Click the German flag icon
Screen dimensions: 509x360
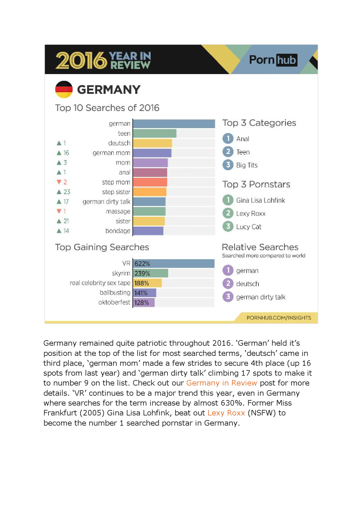pyautogui.click(x=64, y=89)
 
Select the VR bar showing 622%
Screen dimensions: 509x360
pyautogui.click(x=174, y=264)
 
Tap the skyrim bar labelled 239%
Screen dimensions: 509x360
pyautogui.click(x=151, y=273)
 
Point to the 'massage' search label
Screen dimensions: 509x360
pyautogui.click(x=118, y=212)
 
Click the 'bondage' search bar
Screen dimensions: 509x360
pyautogui.click(x=148, y=231)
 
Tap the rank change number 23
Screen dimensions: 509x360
pyautogui.click(x=67, y=192)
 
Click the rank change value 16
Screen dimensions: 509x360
pyautogui.click(x=66, y=153)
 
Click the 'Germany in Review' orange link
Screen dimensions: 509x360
pyautogui.click(x=222, y=383)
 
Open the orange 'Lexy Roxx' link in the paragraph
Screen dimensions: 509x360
pyautogui.click(x=226, y=413)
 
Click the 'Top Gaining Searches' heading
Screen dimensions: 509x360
pyautogui.click(x=102, y=247)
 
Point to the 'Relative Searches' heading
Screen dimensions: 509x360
pyautogui.click(x=260, y=247)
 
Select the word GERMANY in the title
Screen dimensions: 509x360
pyautogui.click(x=109, y=90)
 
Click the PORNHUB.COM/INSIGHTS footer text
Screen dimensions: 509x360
pyautogui.click(x=279, y=318)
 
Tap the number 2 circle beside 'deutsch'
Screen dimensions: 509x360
pyautogui.click(x=228, y=284)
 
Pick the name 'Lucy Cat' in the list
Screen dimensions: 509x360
pyautogui.click(x=249, y=227)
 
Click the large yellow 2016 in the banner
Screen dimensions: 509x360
pyautogui.click(x=81, y=60)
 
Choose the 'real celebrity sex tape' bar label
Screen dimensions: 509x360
pyautogui.click(x=100, y=283)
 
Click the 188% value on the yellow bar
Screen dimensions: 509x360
pyautogui.click(x=142, y=283)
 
